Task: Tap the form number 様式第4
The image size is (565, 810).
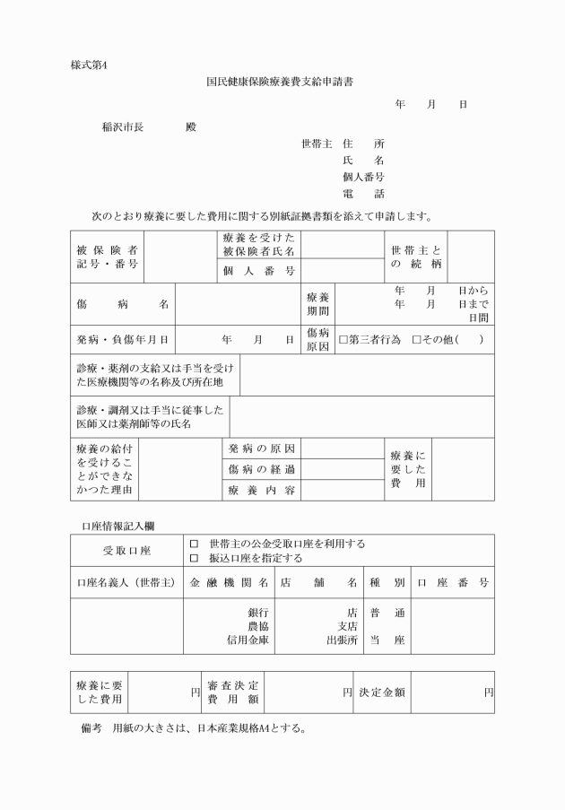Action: coord(88,64)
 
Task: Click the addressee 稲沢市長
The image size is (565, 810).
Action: coord(123,126)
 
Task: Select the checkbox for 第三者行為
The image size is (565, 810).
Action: coord(343,340)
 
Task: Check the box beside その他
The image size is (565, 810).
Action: coord(416,340)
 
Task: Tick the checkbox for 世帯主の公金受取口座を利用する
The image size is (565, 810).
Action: coord(194,544)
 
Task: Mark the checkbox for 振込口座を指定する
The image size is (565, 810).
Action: coord(194,557)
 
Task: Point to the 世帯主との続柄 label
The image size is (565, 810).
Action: coord(416,257)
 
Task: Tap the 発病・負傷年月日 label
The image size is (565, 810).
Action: coord(122,340)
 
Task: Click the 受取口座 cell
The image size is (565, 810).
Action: coord(126,550)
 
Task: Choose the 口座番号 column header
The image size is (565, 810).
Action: coord(452,582)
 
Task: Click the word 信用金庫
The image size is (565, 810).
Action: coord(249,640)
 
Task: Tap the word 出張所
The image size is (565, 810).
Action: coord(342,640)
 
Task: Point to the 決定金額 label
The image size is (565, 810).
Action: coord(382,692)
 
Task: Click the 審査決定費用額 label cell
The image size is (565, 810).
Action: coord(232,692)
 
